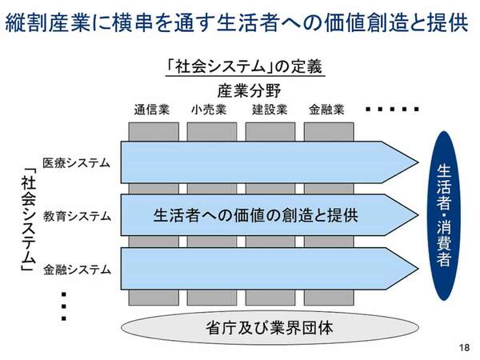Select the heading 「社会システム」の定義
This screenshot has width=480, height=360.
(241, 67)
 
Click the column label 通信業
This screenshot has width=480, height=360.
(151, 110)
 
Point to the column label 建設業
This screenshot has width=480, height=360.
(269, 110)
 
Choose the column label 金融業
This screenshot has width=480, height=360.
(327, 110)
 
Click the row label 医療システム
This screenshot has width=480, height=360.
(77, 162)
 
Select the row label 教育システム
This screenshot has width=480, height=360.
(77, 215)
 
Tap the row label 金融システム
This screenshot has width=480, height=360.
(77, 269)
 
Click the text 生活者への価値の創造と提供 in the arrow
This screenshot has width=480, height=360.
(255, 215)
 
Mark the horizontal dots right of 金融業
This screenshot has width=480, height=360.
(392, 109)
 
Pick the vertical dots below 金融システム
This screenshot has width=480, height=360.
(63, 306)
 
